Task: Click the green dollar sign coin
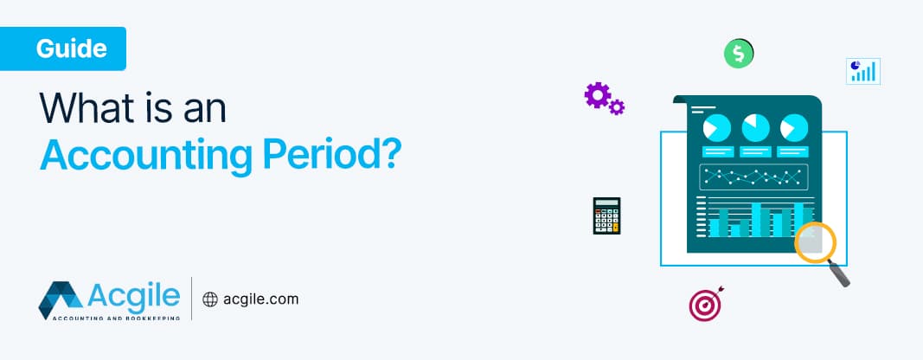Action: [x=737, y=55]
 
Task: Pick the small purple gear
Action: [x=617, y=107]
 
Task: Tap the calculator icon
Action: [x=606, y=215]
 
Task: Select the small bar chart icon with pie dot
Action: [x=862, y=71]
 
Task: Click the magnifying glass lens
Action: [x=815, y=242]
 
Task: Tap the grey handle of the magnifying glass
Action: [x=839, y=274]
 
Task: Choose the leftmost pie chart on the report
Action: [x=717, y=128]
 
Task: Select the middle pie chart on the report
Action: [x=754, y=128]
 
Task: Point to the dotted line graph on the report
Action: [x=753, y=177]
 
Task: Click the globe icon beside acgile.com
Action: [x=209, y=299]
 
